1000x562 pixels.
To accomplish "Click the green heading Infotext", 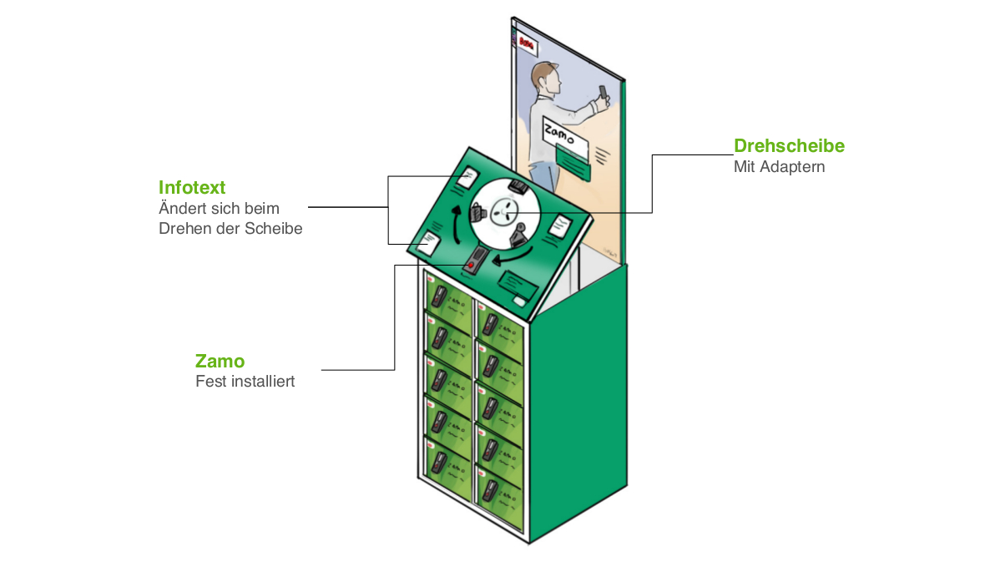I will (x=192, y=186).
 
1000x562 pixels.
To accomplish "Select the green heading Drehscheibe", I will (x=789, y=146).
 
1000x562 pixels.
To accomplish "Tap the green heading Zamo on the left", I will (x=220, y=361).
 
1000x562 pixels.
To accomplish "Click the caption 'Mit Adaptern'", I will (x=779, y=167).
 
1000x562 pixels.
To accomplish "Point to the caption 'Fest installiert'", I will (x=245, y=382).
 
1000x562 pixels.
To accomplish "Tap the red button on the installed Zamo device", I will (x=472, y=265).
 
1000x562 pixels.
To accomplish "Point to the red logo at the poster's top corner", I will (x=527, y=40).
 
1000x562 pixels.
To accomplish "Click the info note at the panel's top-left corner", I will (x=467, y=177).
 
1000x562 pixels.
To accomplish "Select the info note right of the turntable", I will (x=558, y=225).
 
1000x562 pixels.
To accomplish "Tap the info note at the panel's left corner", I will (x=429, y=242).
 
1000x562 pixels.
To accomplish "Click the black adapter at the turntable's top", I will (x=518, y=185).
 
